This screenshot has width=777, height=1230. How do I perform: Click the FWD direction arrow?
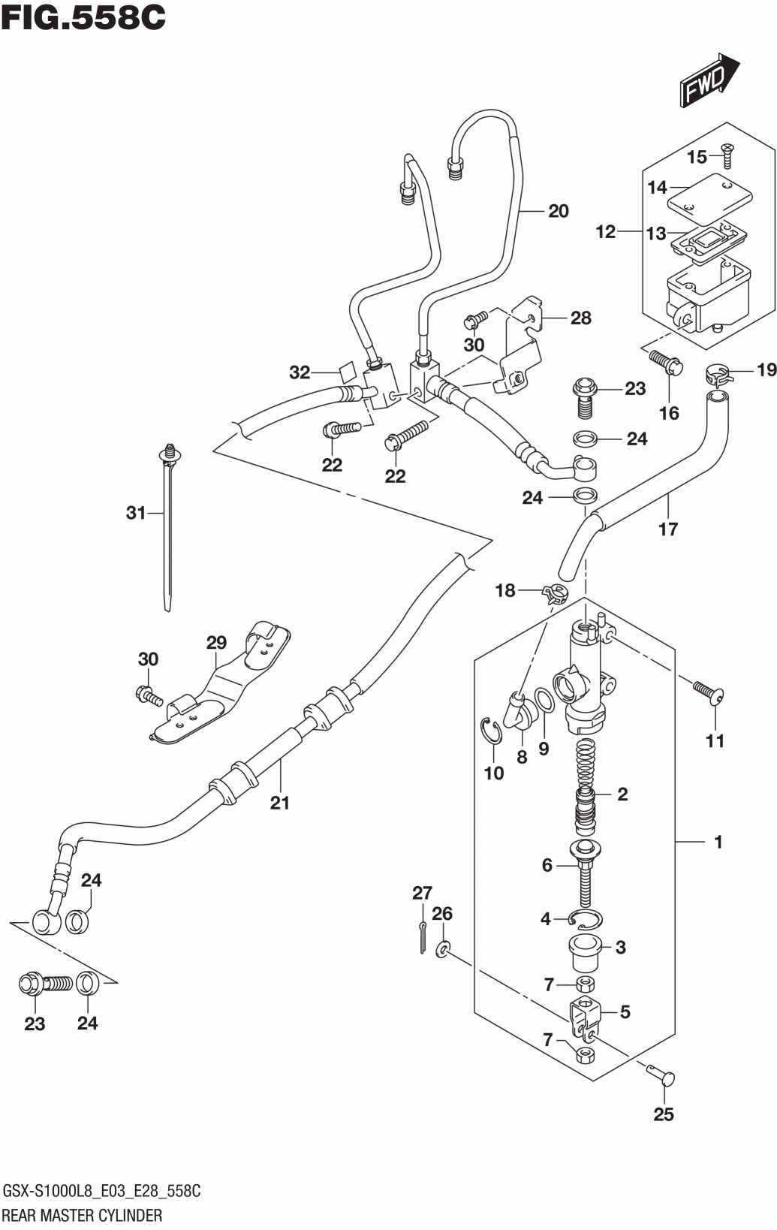pyautogui.click(x=709, y=80)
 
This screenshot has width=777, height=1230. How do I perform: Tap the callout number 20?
pyautogui.click(x=558, y=212)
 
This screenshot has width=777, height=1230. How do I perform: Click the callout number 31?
pyautogui.click(x=136, y=513)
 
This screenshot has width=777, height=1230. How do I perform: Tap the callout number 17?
pyautogui.click(x=668, y=529)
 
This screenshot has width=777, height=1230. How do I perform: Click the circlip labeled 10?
pyautogui.click(x=493, y=732)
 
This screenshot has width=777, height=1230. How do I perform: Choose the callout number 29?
pyautogui.click(x=216, y=642)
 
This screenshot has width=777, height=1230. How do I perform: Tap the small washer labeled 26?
pyautogui.click(x=442, y=948)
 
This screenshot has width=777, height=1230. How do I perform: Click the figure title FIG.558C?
pyautogui.click(x=83, y=17)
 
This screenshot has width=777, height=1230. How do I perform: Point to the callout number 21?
pyautogui.click(x=279, y=803)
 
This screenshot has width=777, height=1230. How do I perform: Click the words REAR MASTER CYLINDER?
pyautogui.click(x=83, y=1215)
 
